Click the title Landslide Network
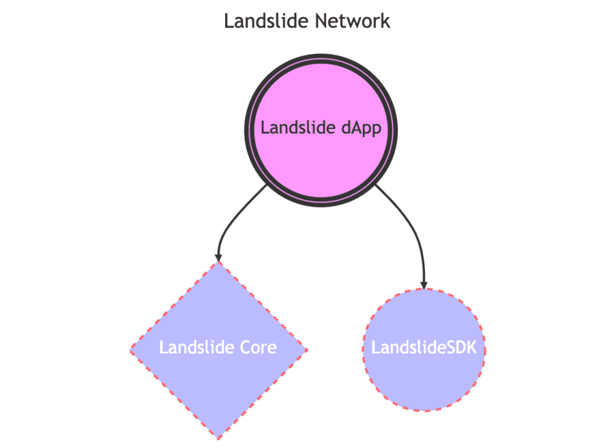307,21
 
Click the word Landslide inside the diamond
194,348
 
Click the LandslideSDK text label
428,348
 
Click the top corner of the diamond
218,263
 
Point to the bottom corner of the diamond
218,437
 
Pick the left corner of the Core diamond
132,350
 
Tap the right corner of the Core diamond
306,350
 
